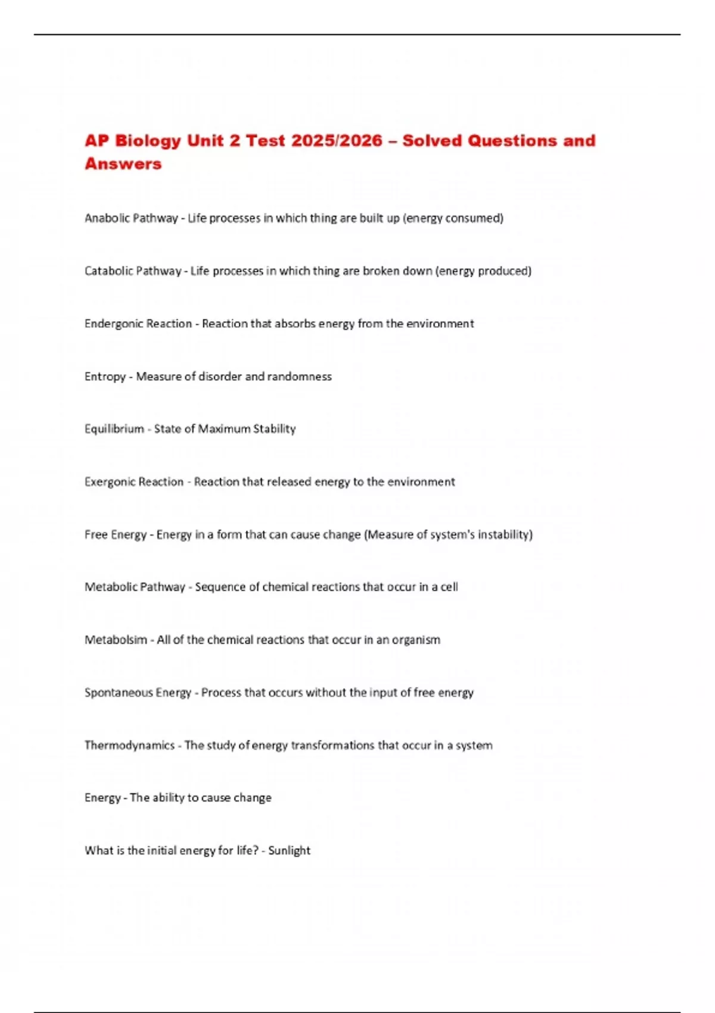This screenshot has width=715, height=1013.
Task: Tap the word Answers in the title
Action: [x=123, y=164]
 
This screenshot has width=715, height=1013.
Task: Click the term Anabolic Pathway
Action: [x=131, y=218]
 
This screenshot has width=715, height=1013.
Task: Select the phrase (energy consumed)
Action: [x=453, y=218]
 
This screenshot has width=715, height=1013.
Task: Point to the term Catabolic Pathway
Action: [x=133, y=271]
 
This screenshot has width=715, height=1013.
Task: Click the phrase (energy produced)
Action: [x=483, y=271]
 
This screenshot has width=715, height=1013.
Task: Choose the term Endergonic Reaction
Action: [x=138, y=324]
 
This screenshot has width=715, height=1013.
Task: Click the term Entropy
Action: [x=105, y=377]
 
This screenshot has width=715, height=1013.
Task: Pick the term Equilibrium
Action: [x=114, y=429]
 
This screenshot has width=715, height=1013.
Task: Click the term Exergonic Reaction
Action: [x=134, y=481]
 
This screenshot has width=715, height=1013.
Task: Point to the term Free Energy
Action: [x=116, y=535]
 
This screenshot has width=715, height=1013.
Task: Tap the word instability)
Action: [x=505, y=535]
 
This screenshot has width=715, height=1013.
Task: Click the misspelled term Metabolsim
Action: [x=116, y=640]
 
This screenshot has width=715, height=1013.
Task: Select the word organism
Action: [x=416, y=640]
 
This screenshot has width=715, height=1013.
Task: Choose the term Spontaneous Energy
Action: [x=138, y=692]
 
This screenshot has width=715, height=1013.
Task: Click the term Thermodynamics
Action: [x=129, y=745]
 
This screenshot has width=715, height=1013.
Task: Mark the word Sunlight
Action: [x=289, y=850]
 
